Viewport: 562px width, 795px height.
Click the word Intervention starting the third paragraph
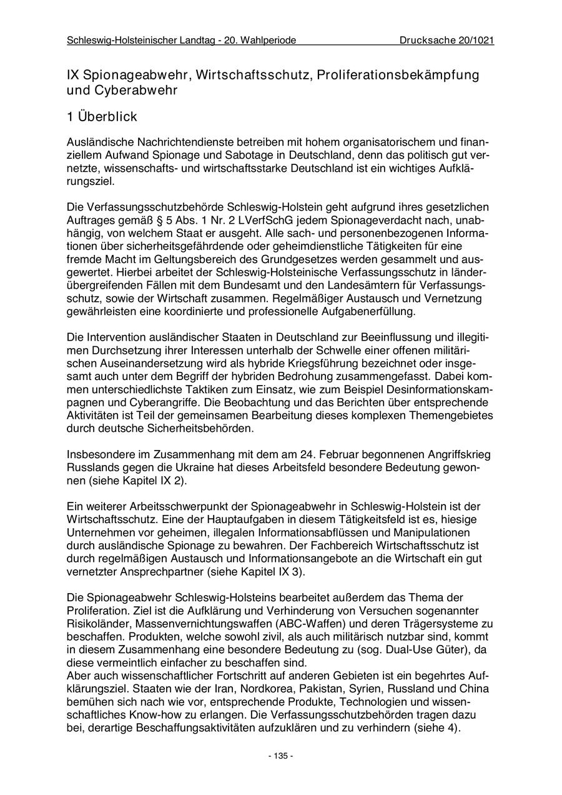tap(117, 337)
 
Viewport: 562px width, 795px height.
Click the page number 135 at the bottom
tap(280, 756)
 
